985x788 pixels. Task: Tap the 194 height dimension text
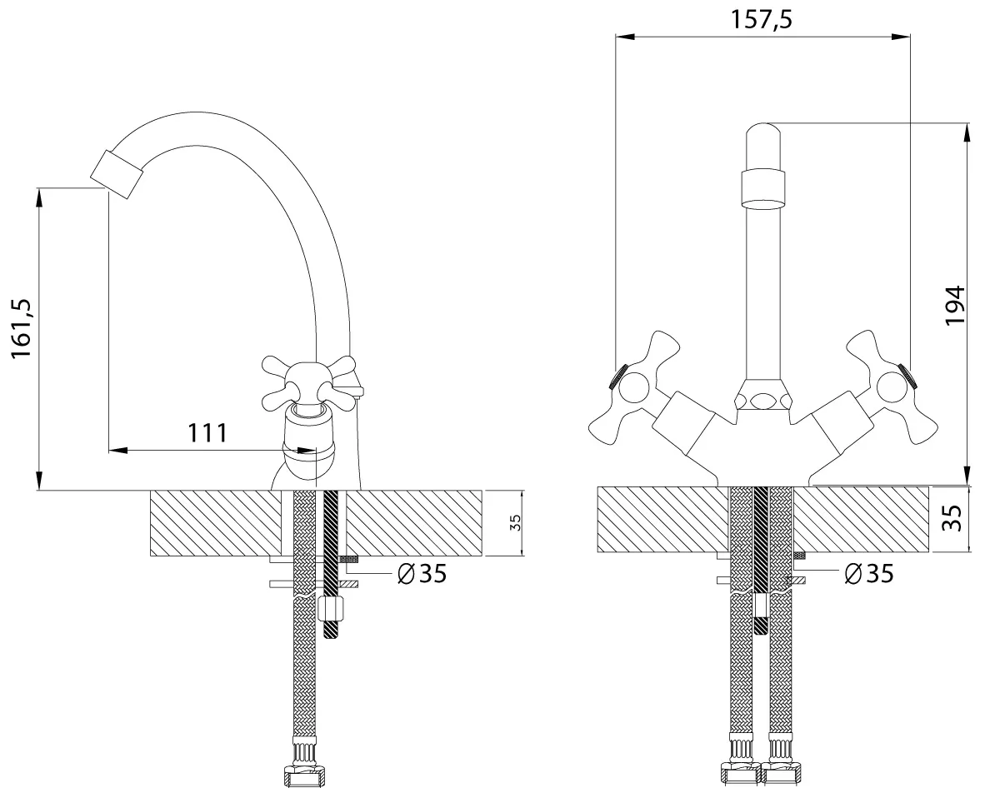(x=955, y=305)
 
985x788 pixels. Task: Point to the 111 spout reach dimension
(x=208, y=432)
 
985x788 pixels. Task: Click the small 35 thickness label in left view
(x=515, y=523)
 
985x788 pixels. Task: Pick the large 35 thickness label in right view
(x=955, y=519)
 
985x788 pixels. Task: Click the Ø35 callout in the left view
(x=422, y=572)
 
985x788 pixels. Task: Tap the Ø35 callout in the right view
(x=869, y=573)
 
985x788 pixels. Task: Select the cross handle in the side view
(x=310, y=381)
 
